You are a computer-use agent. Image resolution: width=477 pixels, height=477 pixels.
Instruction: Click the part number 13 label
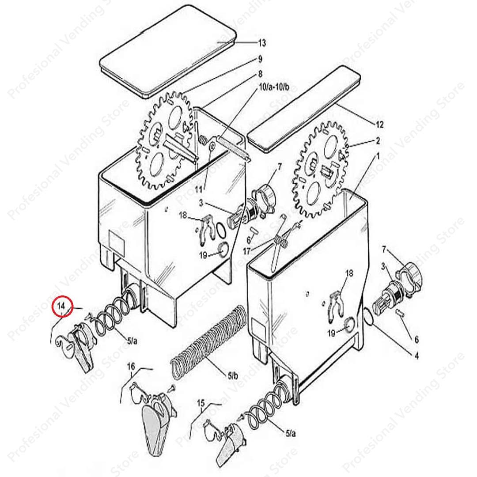(262, 43)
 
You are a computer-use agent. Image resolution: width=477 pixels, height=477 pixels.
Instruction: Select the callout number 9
(260, 58)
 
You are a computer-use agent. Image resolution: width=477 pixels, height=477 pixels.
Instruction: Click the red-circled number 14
(61, 306)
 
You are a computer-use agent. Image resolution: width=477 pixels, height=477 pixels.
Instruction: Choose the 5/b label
(233, 376)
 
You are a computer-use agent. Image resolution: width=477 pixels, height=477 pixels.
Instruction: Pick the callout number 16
(131, 366)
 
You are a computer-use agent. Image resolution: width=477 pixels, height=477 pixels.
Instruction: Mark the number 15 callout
(201, 403)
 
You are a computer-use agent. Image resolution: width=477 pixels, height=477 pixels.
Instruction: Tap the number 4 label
(416, 356)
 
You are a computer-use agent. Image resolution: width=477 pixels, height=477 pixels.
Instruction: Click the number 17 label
(246, 251)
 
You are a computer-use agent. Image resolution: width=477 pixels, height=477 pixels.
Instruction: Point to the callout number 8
(260, 73)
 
